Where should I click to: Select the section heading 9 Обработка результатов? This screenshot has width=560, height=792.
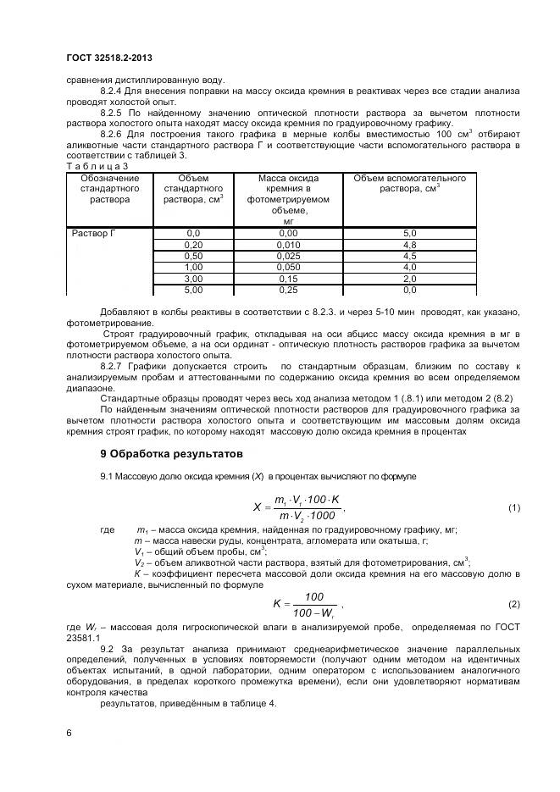pos(171,454)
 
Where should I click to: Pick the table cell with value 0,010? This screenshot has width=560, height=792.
pos(288,244)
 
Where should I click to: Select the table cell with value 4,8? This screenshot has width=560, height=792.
pos(409,244)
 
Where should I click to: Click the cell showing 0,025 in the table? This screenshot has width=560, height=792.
pos(288,255)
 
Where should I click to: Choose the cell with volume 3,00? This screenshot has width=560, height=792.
pos(193,278)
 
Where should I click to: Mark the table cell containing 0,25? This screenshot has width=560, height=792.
pos(288,290)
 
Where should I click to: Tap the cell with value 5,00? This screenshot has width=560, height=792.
pos(193,290)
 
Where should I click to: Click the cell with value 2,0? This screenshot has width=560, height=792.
pos(409,278)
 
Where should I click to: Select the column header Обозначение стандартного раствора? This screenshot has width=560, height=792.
pos(109,189)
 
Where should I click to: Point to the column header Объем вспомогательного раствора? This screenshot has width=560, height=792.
pos(409,184)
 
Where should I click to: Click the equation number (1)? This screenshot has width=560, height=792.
pos(513,508)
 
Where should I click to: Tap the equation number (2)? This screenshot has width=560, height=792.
pos(513,604)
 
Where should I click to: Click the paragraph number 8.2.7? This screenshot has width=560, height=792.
pos(114,366)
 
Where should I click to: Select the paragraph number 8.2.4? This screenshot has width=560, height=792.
pos(114,90)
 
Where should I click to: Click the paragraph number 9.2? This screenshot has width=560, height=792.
pos(108,648)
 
